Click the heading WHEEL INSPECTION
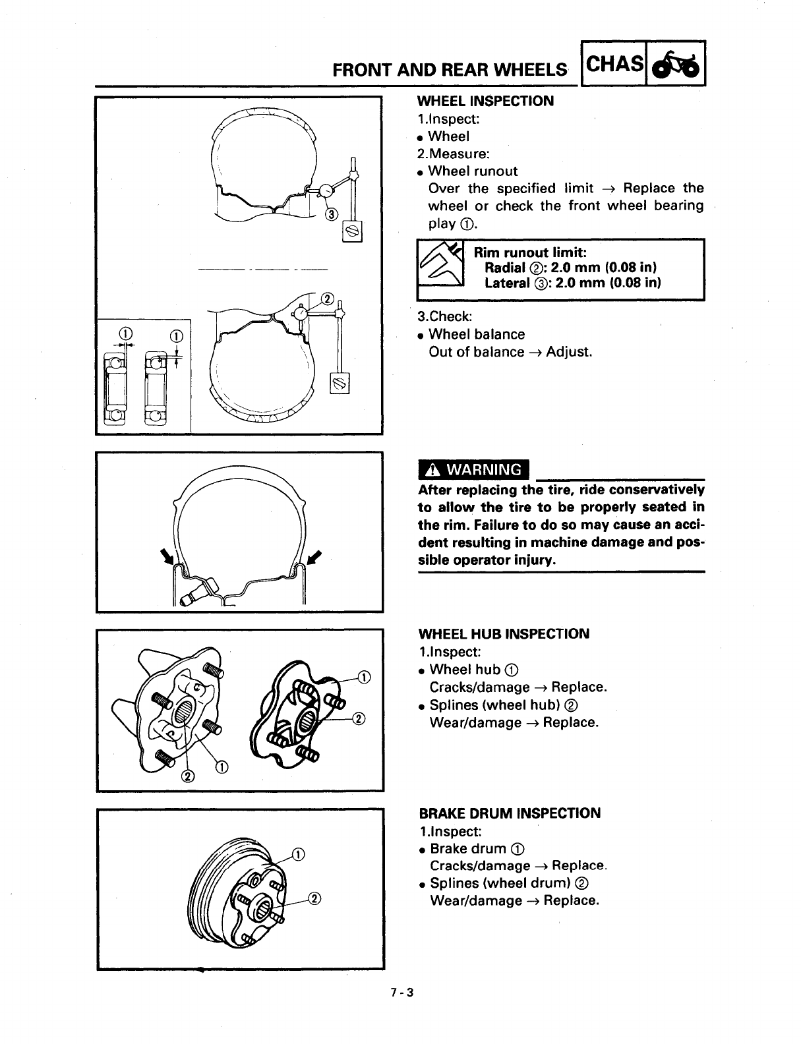click(486, 101)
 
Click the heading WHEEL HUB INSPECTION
click(504, 634)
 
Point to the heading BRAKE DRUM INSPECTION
click(510, 813)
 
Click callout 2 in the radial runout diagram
click(328, 298)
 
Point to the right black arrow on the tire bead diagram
click(314, 556)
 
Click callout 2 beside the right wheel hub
click(359, 718)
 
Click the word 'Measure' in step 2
click(461, 154)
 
